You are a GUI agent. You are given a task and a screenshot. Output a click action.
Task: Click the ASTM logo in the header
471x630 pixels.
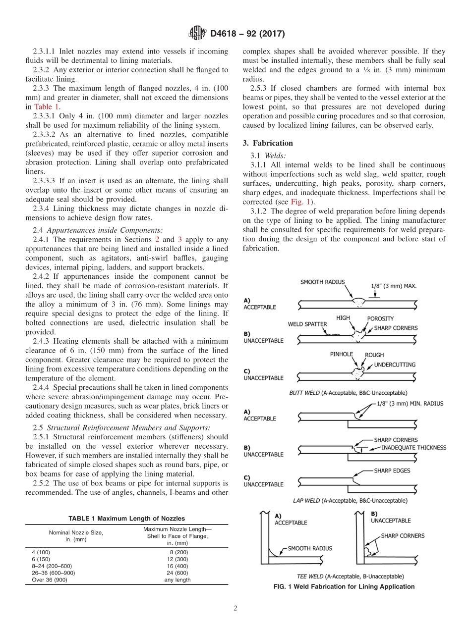click(x=197, y=34)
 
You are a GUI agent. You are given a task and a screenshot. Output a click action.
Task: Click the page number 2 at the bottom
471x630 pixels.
click(x=235, y=609)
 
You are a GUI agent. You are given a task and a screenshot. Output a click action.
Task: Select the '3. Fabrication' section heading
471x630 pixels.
click(x=268, y=143)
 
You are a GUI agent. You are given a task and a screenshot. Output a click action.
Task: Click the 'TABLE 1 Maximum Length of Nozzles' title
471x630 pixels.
click(x=126, y=519)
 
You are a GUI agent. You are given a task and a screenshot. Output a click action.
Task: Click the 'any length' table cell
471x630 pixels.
click(x=177, y=579)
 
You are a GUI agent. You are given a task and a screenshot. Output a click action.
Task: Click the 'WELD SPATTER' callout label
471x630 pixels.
click(x=307, y=324)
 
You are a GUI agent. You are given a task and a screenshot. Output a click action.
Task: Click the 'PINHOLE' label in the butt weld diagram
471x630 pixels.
click(x=342, y=355)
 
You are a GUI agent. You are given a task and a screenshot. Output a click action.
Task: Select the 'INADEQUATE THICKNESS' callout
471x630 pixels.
click(x=413, y=448)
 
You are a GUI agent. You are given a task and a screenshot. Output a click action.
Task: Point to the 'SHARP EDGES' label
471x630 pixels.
click(x=392, y=471)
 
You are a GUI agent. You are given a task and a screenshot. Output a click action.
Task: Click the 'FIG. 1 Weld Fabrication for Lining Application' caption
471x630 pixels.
click(x=344, y=586)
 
